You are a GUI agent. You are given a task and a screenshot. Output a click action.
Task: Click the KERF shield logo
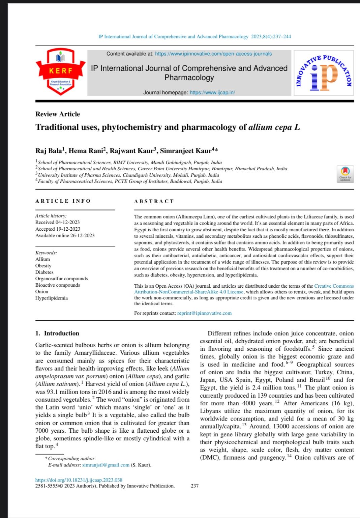[61, 71]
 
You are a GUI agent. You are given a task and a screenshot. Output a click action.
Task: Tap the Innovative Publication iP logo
[324, 73]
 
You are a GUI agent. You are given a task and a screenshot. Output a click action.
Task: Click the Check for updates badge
[345, 174]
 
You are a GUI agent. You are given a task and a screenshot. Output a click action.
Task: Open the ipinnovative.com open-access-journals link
[213, 54]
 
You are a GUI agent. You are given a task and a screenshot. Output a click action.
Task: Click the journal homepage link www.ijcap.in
[212, 92]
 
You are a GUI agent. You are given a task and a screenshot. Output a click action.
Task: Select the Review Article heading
[58, 114]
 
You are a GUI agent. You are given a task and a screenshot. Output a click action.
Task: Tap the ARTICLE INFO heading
[63, 201]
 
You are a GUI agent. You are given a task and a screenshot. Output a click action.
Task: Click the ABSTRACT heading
[154, 201]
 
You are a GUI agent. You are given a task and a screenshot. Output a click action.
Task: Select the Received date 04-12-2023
[67, 222]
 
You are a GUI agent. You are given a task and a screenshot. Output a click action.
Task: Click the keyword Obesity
[43, 266]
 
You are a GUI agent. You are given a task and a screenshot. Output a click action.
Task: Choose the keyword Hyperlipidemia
[52, 298]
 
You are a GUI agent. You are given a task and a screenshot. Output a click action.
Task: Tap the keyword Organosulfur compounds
[62, 279]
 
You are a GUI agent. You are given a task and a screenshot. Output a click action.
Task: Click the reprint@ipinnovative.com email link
[204, 313]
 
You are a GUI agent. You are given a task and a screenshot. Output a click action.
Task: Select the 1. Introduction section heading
[57, 333]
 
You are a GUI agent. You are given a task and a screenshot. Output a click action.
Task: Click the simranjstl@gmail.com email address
[106, 465]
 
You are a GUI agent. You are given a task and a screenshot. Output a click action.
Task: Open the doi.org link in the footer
[79, 480]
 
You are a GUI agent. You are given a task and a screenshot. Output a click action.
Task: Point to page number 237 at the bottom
[194, 486]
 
